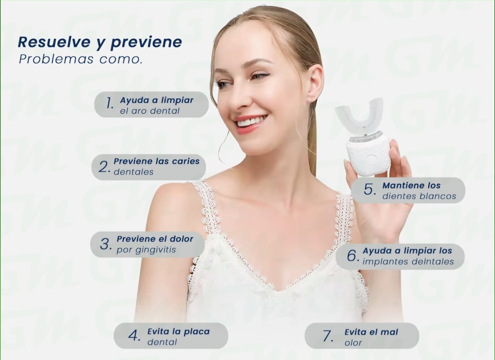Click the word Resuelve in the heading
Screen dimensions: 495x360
click(x=54, y=42)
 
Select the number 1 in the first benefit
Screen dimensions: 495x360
click(x=110, y=103)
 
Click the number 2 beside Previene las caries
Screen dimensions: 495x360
click(x=104, y=166)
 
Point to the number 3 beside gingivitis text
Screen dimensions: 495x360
click(x=106, y=244)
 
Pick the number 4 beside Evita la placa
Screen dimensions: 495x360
click(x=134, y=336)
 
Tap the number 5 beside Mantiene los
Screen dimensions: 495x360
click(x=370, y=189)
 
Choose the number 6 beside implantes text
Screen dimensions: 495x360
click(x=353, y=256)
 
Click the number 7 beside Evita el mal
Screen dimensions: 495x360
click(x=328, y=336)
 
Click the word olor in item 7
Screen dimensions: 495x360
click(x=353, y=343)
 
